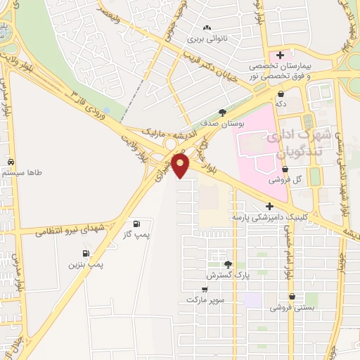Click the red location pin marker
click(x=181, y=165)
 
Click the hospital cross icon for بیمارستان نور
click(x=281, y=55)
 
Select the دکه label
click(x=281, y=104)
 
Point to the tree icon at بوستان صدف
click(x=223, y=112)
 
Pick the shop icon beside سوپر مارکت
click(x=204, y=288)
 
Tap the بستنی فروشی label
click(x=290, y=307)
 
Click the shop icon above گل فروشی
click(x=285, y=169)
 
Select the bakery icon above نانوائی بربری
click(x=207, y=27)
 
